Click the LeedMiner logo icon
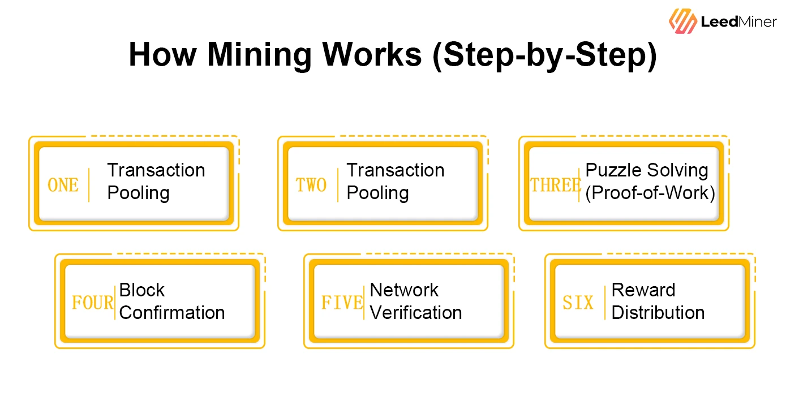point(683,22)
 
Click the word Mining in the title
point(259,55)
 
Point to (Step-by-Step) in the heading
point(544,55)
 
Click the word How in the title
point(164,55)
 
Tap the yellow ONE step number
point(63,185)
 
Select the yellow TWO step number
point(311,185)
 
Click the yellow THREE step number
point(555,185)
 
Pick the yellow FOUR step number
point(92,303)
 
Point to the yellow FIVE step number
point(342,303)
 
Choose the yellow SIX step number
point(578,303)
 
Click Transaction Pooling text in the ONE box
point(156,181)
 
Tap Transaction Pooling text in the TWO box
point(395,181)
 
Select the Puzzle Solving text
point(647,170)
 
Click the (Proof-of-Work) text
point(650,193)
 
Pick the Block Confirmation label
point(171,301)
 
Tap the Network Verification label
point(415,301)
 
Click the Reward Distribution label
point(658,301)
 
